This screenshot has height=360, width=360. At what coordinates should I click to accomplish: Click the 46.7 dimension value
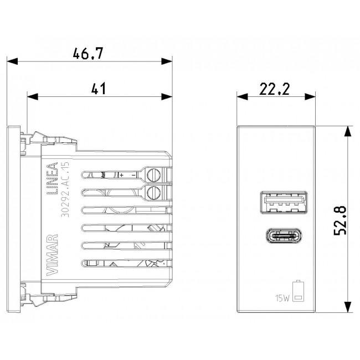coord(89,54)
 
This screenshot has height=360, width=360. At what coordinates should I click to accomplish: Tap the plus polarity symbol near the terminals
coord(121,175)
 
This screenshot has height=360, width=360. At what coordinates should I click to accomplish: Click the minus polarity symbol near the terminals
coord(133,175)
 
